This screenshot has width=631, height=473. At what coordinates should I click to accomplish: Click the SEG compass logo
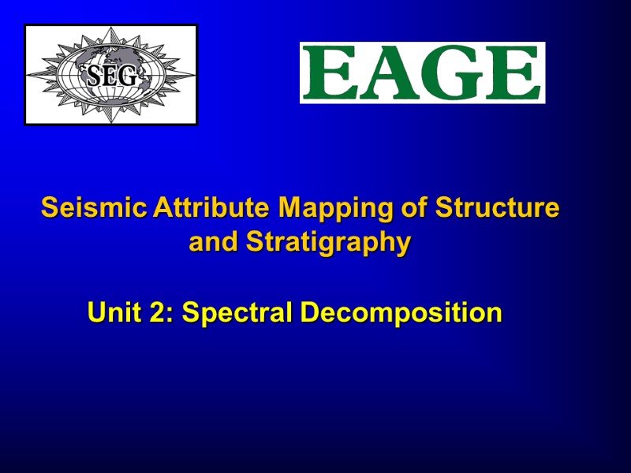tap(110, 75)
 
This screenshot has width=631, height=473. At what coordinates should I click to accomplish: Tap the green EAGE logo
tap(422, 73)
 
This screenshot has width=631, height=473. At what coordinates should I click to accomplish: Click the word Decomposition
tap(401, 314)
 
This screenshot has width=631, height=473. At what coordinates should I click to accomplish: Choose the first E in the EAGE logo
tap(326, 73)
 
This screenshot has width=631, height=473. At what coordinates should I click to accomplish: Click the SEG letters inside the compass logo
tap(111, 76)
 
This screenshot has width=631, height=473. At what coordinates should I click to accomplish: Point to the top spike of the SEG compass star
tap(111, 30)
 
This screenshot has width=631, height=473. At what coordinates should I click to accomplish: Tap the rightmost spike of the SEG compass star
tap(192, 75)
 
